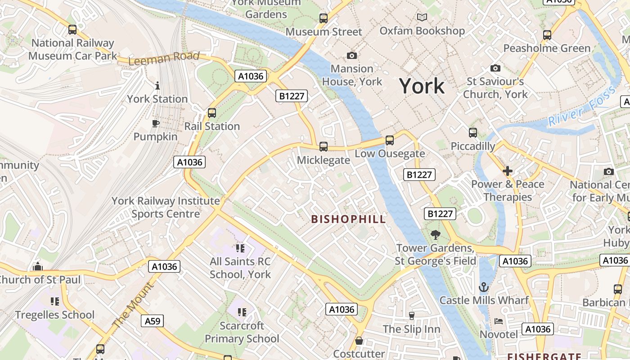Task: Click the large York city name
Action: tap(422, 86)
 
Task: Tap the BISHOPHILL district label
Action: tap(349, 219)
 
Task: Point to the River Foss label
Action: tap(581, 106)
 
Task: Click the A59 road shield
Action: tap(152, 321)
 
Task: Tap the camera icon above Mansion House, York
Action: tap(352, 55)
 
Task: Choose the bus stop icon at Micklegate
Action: tap(323, 146)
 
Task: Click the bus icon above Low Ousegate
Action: tap(390, 140)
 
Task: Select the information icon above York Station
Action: tap(157, 85)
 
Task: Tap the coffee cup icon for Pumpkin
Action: tap(156, 123)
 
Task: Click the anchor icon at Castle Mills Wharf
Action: tap(484, 287)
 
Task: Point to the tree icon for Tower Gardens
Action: tap(435, 234)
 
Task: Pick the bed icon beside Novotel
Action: tap(499, 321)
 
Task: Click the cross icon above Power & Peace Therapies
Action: tap(508, 171)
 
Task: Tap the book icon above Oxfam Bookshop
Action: tap(422, 18)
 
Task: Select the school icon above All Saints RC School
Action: tap(240, 248)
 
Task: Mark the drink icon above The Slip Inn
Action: tap(411, 315)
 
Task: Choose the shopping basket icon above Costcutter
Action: tap(359, 341)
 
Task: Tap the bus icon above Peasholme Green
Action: tap(547, 35)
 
